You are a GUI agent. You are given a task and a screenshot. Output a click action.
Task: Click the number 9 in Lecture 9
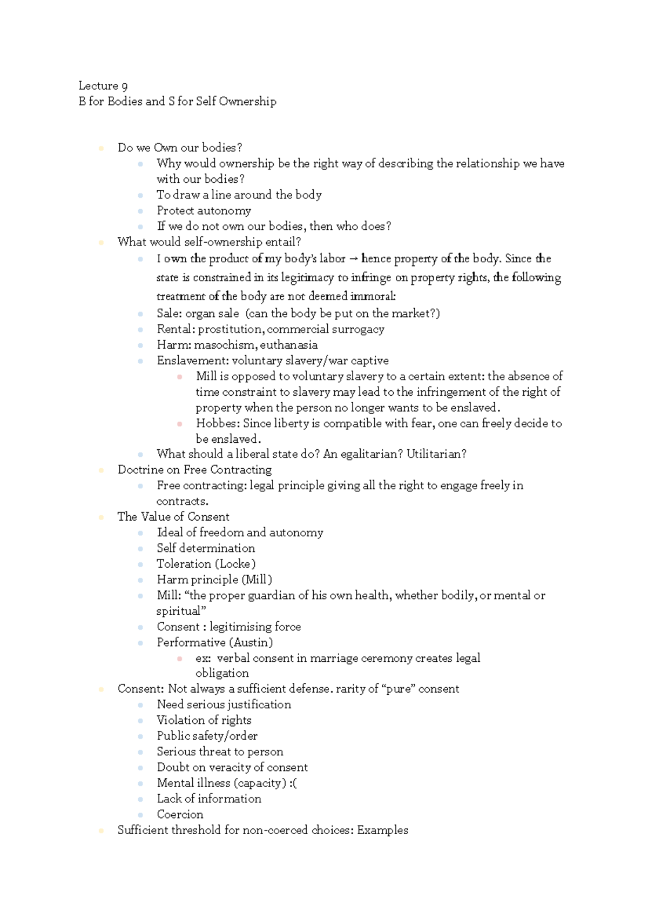[x=125, y=86]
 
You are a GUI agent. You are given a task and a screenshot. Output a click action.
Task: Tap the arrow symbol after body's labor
[x=353, y=259]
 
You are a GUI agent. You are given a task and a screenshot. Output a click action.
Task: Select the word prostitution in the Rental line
[x=231, y=329]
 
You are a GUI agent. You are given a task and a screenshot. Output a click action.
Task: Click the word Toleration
[x=184, y=564]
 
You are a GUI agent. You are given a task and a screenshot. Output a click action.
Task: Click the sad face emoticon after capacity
[x=293, y=783]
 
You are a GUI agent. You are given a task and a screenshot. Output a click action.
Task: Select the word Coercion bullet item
[x=180, y=815]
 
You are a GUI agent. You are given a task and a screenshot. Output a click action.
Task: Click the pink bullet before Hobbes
[x=180, y=424]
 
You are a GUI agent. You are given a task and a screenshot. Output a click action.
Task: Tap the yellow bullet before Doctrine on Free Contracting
[x=101, y=470]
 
